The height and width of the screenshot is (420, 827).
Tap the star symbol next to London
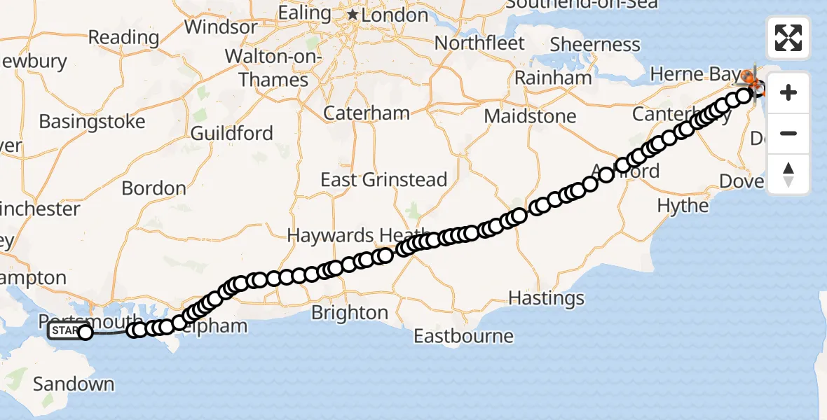point(353,15)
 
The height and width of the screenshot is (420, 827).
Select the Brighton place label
point(360,312)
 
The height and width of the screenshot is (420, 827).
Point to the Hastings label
point(546,298)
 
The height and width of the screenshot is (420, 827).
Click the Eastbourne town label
point(463,336)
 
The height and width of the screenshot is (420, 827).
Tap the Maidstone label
point(531,115)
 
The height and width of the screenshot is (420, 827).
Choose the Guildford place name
point(231,133)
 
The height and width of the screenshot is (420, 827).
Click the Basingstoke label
point(92,122)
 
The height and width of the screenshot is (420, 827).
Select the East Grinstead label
point(383,180)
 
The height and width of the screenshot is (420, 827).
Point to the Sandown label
point(74,384)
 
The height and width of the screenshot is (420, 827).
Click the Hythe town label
point(683,206)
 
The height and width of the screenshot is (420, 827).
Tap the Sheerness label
point(595,45)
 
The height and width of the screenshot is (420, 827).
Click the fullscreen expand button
point(788,38)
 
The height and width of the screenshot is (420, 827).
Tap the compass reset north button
point(788,174)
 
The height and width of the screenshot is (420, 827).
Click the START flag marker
point(65,331)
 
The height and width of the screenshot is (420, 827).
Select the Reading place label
point(124,37)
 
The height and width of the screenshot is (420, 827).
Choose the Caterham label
point(367,113)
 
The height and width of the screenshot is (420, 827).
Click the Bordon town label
point(153,188)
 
